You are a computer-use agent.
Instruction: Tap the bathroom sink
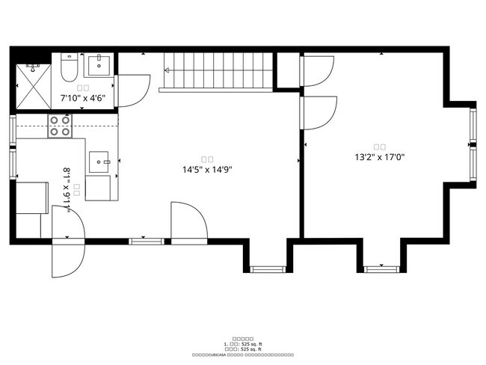click(x=98, y=66)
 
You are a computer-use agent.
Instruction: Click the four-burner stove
click(x=60, y=126)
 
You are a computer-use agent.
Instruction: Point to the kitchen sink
click(x=99, y=161)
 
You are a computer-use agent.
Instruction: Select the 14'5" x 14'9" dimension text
click(x=207, y=170)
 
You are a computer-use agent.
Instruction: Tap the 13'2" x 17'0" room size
click(x=379, y=157)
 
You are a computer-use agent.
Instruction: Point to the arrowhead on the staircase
click(x=167, y=71)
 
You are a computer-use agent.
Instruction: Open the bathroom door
click(x=132, y=90)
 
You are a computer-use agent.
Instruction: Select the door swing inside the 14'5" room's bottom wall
click(x=187, y=221)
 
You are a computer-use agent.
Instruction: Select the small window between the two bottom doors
click(x=146, y=241)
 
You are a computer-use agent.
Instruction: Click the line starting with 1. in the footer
click(x=243, y=344)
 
